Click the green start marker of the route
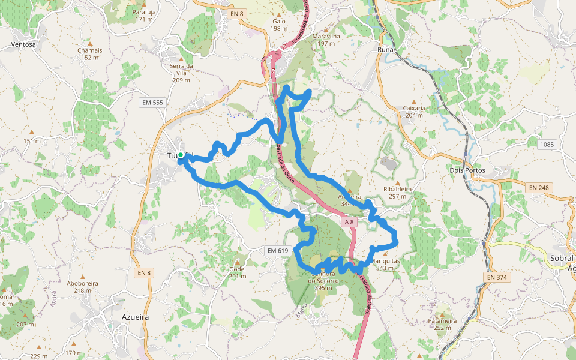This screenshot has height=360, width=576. point(180,155)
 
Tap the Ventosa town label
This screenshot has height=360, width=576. point(23,44)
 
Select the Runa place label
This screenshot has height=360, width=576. point(385,50)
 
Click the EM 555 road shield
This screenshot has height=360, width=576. point(152,103)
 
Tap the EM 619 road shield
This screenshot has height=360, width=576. point(277,250)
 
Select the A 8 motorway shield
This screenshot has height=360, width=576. point(349,222)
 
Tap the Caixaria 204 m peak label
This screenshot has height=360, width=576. point(414,112)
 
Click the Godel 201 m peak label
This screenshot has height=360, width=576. point(238,272)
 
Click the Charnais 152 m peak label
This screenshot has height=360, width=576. point(89,54)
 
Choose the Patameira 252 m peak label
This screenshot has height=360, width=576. point(442,323)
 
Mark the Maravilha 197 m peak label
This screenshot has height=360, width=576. point(326,40)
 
